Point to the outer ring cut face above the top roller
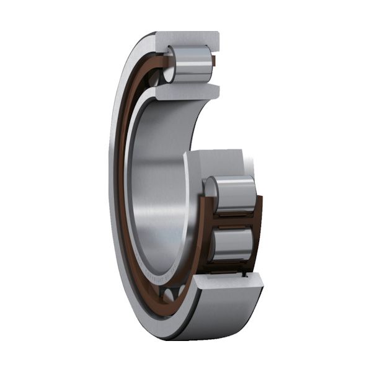pos(186,38)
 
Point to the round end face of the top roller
pos(170,63)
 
